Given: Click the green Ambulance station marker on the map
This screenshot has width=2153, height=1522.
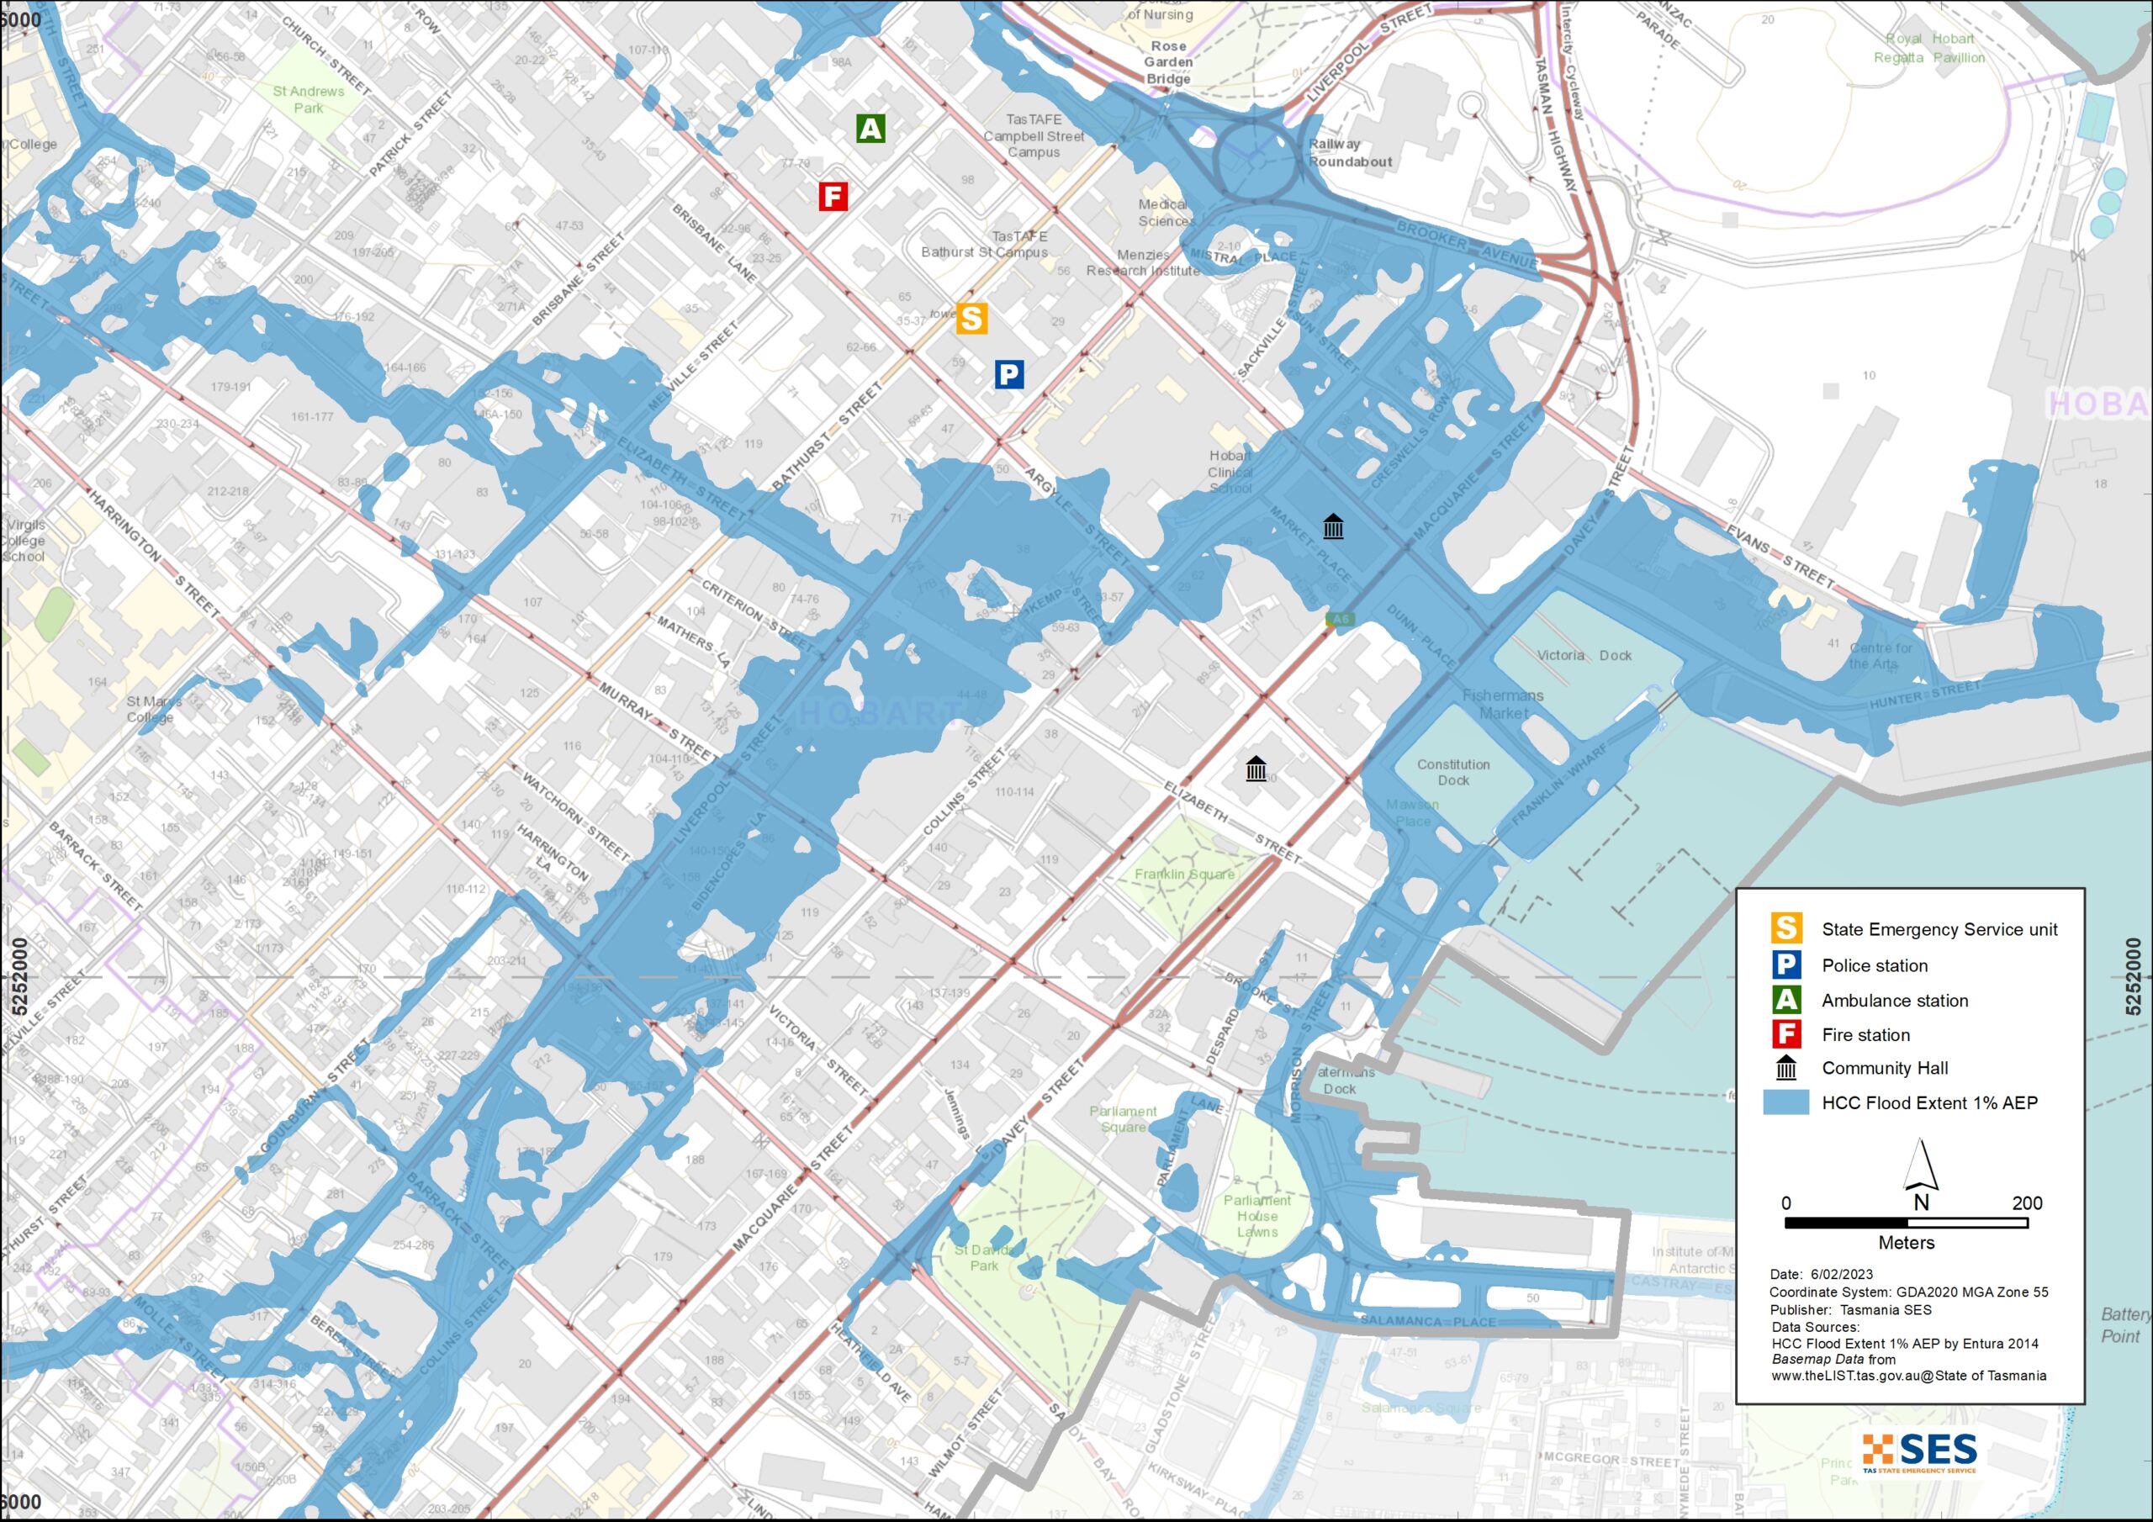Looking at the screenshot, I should pos(870,129).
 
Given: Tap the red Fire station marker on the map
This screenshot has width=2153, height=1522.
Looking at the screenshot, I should pos(833,196).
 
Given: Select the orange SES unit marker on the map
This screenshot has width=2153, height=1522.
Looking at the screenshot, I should pos(971,319).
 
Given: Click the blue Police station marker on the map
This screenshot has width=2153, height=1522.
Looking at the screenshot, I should pos(1008,375).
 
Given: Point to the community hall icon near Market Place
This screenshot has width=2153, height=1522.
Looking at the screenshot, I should pos(1332,526).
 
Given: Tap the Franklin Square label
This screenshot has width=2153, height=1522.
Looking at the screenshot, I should pos(1183,874).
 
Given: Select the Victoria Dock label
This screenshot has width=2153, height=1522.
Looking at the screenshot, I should pos(1584,656).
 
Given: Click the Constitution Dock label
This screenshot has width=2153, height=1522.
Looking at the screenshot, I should pos(1452,772).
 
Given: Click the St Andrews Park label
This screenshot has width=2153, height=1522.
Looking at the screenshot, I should pos(309,99).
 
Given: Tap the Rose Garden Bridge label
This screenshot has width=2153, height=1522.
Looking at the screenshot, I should pos(1168,62).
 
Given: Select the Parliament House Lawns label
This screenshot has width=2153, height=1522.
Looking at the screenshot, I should pos(1256,1215).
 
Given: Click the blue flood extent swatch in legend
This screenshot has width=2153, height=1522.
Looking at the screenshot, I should pos(1785,1102).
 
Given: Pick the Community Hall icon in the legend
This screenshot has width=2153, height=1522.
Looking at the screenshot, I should pos(1785,1067).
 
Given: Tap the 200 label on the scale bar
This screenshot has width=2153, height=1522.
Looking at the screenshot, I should pos(2026,1203).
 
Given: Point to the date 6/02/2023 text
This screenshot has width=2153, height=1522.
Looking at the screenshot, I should pos(1841,1275).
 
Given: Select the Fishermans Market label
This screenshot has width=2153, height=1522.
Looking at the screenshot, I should pos(1503,703).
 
